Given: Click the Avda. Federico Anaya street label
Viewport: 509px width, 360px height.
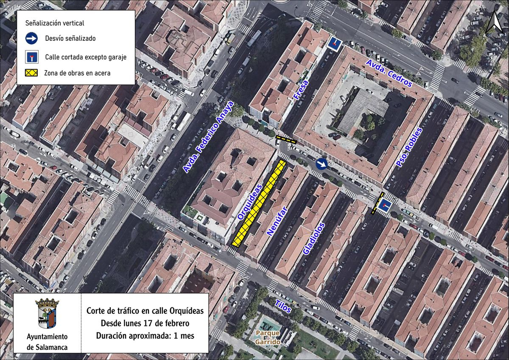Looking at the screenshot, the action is [208, 137].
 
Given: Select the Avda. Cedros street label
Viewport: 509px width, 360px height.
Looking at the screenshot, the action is [389, 73].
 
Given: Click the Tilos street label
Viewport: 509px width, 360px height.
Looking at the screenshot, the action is [283, 306].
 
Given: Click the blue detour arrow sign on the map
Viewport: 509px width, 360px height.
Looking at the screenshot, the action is [322, 164].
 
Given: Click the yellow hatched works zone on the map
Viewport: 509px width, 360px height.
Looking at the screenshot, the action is [259, 203].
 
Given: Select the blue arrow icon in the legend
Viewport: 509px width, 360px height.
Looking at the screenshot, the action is [31, 39].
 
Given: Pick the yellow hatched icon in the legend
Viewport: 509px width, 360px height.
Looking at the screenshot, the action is [31, 73].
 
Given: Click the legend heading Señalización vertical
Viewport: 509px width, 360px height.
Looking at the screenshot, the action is [55, 23].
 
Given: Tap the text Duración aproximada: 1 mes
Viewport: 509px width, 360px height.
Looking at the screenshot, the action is [145, 335].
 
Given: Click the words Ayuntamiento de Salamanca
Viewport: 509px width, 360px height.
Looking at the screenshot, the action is [47, 342].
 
